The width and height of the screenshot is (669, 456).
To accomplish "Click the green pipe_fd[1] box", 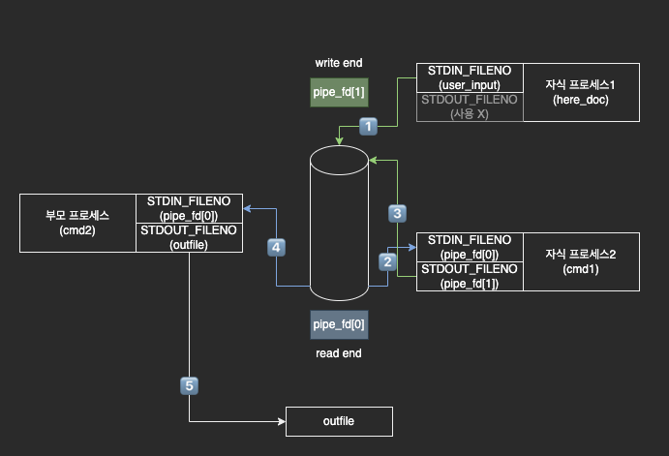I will [338, 92].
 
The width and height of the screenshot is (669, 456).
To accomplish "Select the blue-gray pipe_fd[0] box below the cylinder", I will [339, 323].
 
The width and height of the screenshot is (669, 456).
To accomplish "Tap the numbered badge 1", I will [368, 125].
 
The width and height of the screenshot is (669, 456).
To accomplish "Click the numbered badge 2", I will [387, 260].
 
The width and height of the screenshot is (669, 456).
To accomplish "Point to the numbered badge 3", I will [397, 211].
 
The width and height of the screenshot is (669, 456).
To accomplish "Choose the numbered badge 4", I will [276, 247].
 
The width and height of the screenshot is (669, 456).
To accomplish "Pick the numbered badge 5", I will [189, 385].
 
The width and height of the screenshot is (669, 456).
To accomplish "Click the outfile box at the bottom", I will [339, 421].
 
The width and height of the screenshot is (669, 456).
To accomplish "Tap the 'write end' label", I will [339, 63].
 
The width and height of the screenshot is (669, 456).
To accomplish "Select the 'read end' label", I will [339, 353].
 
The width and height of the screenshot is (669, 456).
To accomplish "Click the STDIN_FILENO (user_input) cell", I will [470, 78].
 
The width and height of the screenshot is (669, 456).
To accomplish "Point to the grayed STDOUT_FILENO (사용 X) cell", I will [470, 106].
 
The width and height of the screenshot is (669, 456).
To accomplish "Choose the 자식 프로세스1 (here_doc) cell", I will [581, 93].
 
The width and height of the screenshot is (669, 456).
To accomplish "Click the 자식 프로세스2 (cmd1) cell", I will [581, 261].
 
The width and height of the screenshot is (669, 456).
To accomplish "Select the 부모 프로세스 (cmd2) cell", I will [78, 223].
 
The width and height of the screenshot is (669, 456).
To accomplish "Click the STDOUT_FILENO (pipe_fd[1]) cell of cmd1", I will [470, 276].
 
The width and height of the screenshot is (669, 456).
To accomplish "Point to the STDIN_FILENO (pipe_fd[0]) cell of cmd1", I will [470, 247].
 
